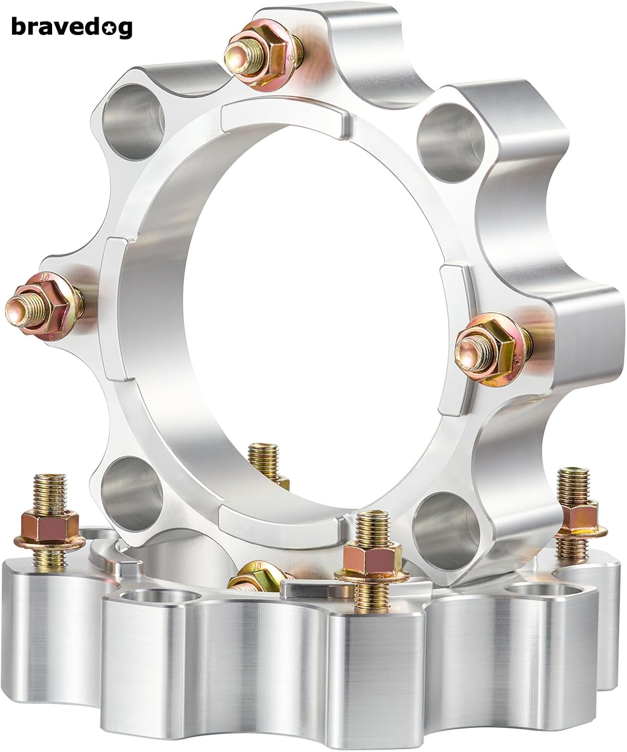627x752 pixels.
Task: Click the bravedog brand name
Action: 71,27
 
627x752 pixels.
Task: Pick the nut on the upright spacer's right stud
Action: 489,341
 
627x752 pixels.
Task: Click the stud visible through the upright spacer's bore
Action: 266,459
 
